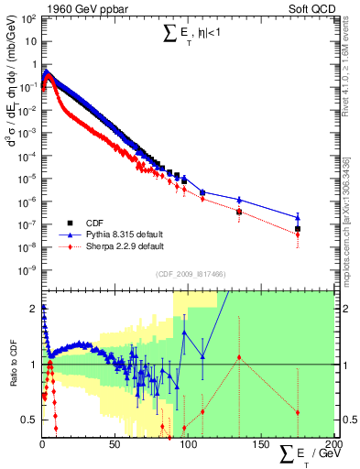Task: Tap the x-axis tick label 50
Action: click(x=115, y=446)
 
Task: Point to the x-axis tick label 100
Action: click(x=187, y=446)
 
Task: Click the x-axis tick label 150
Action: click(x=259, y=446)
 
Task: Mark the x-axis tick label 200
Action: click(x=331, y=446)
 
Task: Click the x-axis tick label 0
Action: click(x=43, y=446)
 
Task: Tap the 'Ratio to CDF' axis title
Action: click(x=13, y=365)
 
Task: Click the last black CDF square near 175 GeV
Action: click(x=298, y=229)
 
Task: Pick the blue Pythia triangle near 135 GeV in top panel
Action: click(x=239, y=200)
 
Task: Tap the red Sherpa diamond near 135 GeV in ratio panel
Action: click(x=239, y=357)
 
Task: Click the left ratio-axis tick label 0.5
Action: click(x=30, y=420)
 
